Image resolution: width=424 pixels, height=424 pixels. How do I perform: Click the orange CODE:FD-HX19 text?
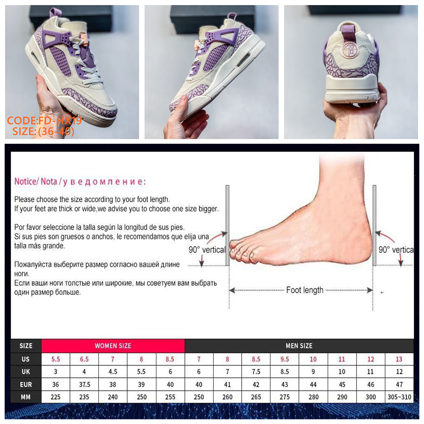click(45, 120)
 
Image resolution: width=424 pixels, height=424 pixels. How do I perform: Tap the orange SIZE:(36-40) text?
click(43, 131)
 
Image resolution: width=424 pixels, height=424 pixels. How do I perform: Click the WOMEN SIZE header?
click(113, 346)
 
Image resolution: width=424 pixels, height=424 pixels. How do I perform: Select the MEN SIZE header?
click(299, 346)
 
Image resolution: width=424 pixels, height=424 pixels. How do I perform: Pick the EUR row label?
click(26, 384)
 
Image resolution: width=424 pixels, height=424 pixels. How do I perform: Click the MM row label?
click(26, 397)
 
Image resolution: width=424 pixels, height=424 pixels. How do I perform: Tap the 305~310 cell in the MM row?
click(399, 397)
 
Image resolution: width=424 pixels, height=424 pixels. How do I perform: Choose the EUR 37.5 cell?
click(84, 384)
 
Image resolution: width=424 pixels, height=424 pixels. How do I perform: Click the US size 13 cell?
click(399, 359)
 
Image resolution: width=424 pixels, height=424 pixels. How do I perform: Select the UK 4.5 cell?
click(113, 371)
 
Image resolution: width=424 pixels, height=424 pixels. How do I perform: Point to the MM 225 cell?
click(56, 397)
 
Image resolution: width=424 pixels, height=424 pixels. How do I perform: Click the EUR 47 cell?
click(399, 384)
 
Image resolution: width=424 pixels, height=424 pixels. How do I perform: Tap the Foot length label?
click(305, 290)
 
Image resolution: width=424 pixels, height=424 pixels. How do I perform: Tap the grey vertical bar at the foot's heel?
click(374, 226)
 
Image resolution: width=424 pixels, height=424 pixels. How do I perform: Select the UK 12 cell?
click(399, 371)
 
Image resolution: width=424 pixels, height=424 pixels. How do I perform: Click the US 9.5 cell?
click(285, 359)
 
